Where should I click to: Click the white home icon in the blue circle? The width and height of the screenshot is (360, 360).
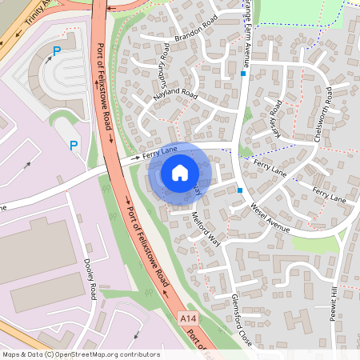pyautogui.click(x=180, y=172)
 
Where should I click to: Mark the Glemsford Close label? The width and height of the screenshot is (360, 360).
pyautogui.click(x=242, y=318)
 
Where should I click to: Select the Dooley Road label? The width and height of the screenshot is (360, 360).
pyautogui.click(x=90, y=280)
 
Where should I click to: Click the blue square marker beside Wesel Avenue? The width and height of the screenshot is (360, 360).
pyautogui.click(x=240, y=190)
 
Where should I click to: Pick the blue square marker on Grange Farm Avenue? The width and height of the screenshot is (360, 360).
pyautogui.click(x=242, y=74)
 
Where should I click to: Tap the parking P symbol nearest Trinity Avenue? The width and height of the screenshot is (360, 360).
pyautogui.click(x=56, y=51)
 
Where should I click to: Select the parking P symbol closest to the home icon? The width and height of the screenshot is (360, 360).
pyautogui.click(x=74, y=145)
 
